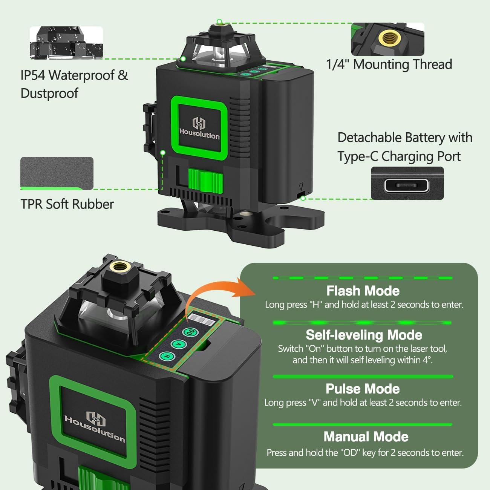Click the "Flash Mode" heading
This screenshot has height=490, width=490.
pyautogui.click(x=363, y=291)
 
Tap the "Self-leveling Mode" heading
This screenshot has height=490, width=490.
pyautogui.click(x=364, y=335)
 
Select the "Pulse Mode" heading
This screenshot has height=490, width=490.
pyautogui.click(x=363, y=389)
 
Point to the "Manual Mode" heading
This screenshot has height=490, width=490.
pyautogui.click(x=366, y=437)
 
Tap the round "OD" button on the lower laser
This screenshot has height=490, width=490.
pyautogui.click(x=190, y=332)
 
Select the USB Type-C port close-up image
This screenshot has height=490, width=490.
pyautogui.click(x=407, y=183)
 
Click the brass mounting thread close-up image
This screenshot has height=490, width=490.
pyautogui.click(x=387, y=39)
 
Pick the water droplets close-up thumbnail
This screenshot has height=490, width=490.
pyautogui.click(x=66, y=43)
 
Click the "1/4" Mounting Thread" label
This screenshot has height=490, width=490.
pyautogui.click(x=389, y=64)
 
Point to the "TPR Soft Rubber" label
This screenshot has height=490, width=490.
pyautogui.click(x=67, y=204)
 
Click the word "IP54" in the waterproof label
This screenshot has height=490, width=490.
pyautogui.click(x=33, y=75)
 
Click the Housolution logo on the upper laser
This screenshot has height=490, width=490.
pyautogui.click(x=199, y=128)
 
